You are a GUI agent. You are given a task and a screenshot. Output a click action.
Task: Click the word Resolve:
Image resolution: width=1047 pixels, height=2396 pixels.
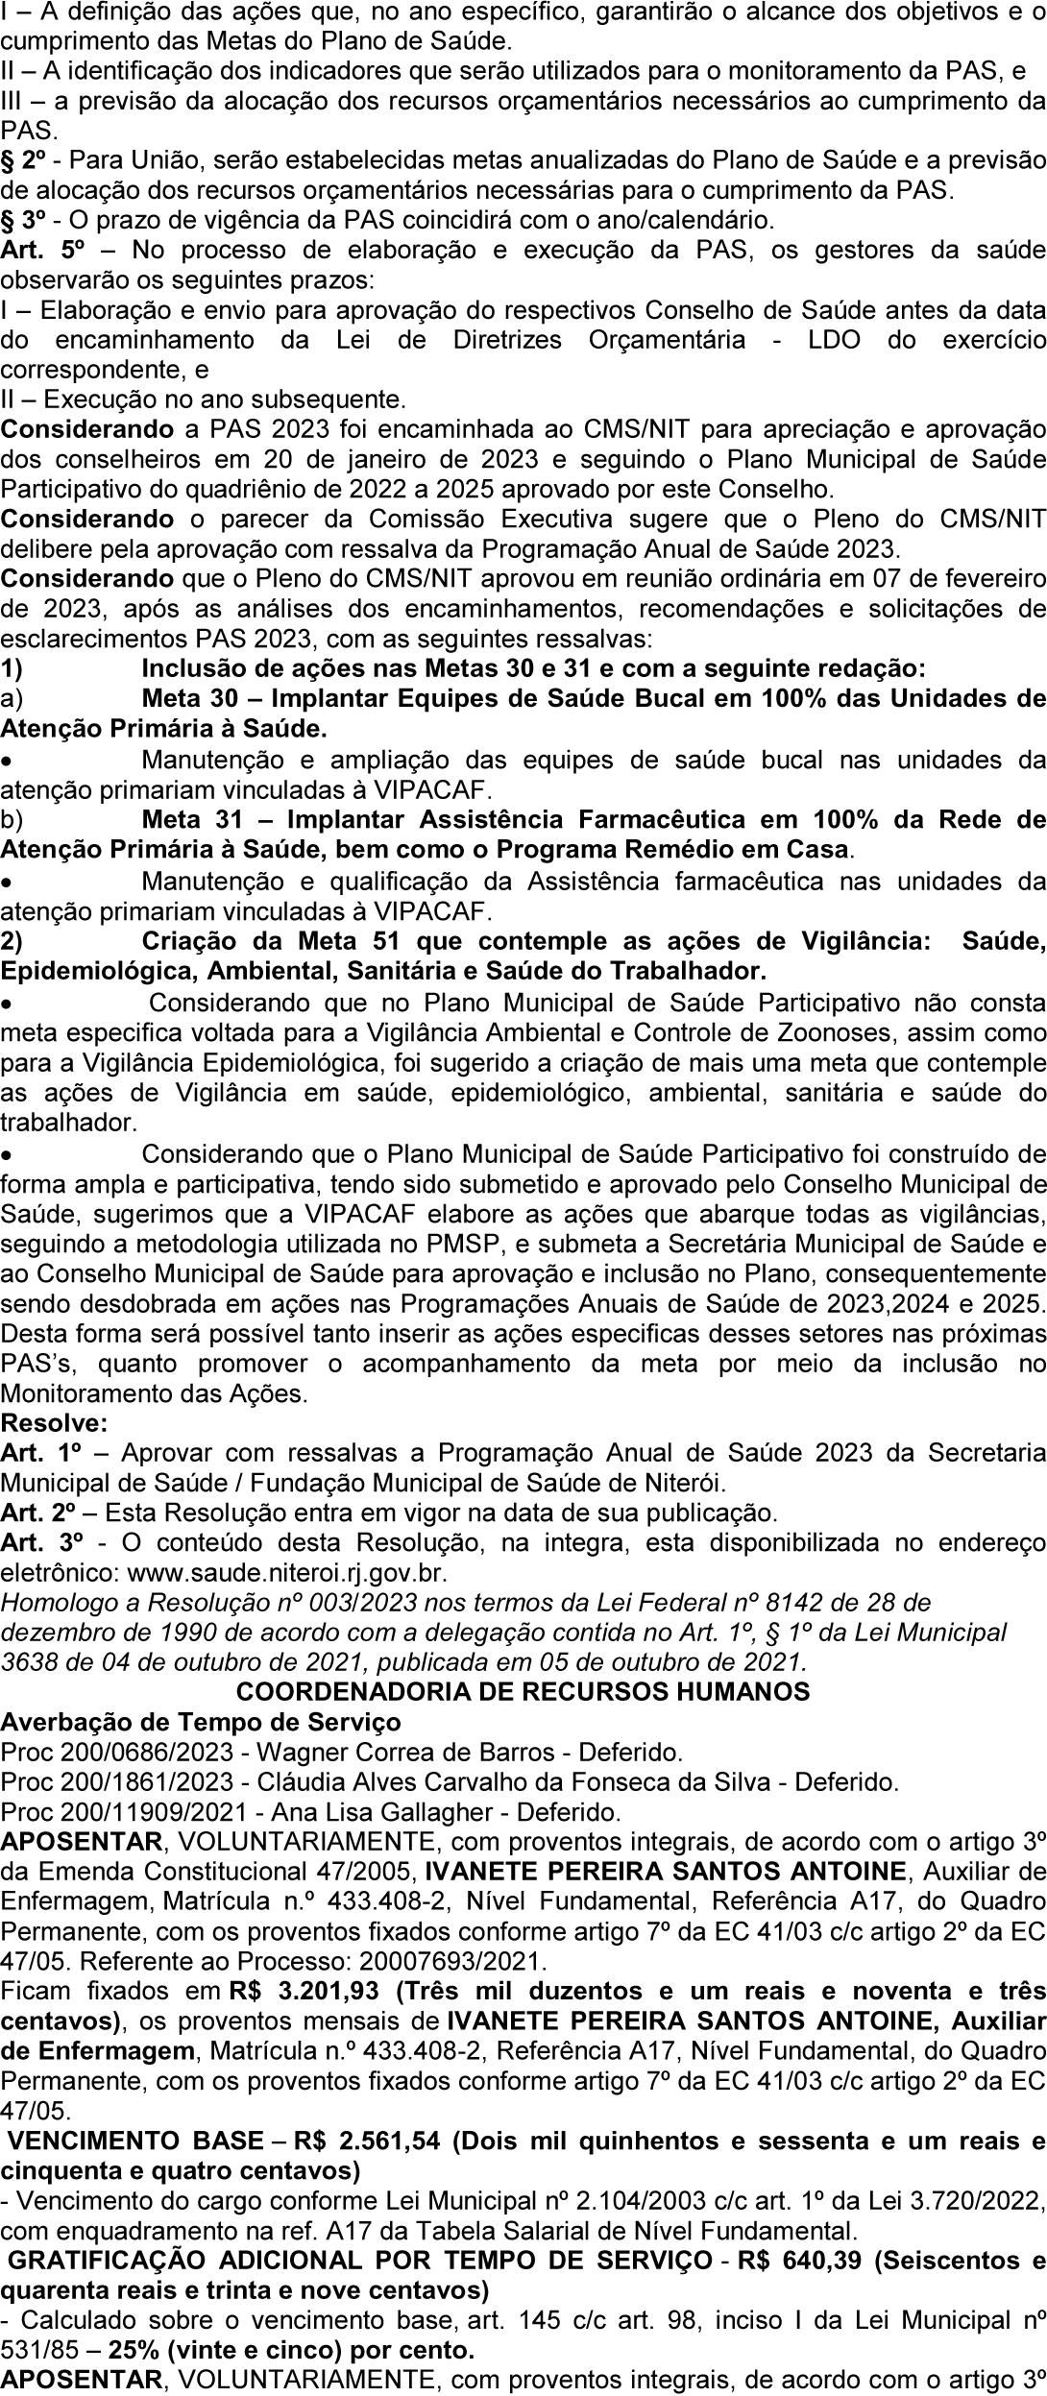coord(55,1422)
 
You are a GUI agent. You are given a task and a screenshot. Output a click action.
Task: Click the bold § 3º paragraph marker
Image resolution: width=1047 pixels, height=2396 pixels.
coord(23,220)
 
